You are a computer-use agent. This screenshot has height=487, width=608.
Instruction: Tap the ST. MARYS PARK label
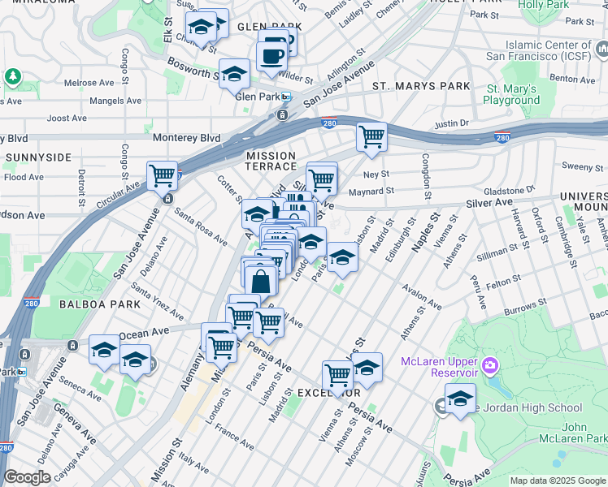coord(421,86)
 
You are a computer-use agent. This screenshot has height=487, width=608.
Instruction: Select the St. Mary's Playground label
coord(511,94)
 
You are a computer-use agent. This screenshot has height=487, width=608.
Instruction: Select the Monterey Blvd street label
coord(186,138)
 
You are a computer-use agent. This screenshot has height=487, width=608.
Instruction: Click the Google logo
coord(28,477)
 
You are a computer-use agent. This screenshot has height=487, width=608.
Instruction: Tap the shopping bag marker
coord(261,282)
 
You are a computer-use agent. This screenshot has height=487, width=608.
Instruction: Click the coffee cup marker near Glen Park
coord(271,56)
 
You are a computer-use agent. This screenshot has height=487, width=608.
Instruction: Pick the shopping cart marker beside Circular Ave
coord(162,175)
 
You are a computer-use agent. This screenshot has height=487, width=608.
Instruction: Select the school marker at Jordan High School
coord(460,399)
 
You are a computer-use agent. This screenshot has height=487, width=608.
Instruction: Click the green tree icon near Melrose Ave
coord(12,77)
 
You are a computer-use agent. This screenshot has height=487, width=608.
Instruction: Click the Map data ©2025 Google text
coord(558,481)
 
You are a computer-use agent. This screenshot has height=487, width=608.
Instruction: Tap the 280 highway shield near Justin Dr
coord(502,137)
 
